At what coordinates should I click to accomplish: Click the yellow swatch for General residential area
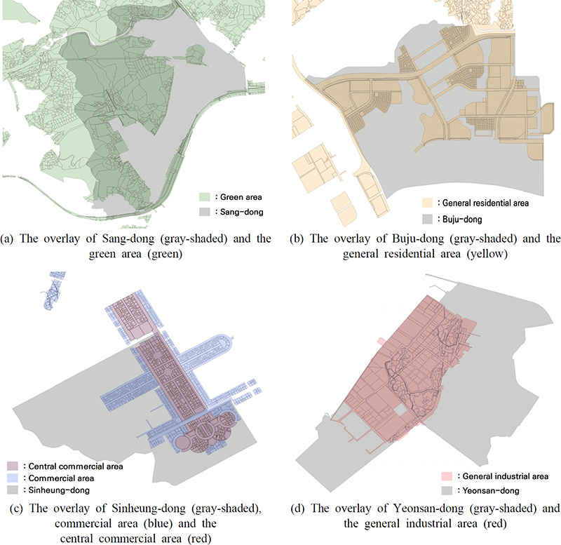pyautogui.click(x=426, y=203)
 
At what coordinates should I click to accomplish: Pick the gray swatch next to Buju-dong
pyautogui.click(x=426, y=218)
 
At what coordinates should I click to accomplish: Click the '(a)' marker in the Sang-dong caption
pyautogui.click(x=11, y=238)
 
